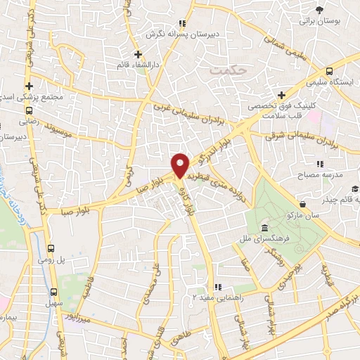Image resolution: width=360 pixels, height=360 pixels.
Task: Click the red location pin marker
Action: (x=180, y=165)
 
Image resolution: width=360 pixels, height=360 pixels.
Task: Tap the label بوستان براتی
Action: (x=320, y=21)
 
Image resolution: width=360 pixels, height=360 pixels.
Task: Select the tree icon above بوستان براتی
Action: (x=320, y=9)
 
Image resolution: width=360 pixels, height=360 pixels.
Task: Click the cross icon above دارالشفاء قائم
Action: (x=138, y=53)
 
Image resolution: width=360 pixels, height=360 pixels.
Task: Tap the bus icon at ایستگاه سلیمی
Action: (x=328, y=72)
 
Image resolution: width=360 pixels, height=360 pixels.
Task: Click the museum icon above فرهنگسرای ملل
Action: (x=264, y=229)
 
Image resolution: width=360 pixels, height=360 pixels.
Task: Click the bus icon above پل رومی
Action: (x=51, y=248)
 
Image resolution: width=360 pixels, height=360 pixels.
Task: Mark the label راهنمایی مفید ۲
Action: (x=222, y=298)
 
